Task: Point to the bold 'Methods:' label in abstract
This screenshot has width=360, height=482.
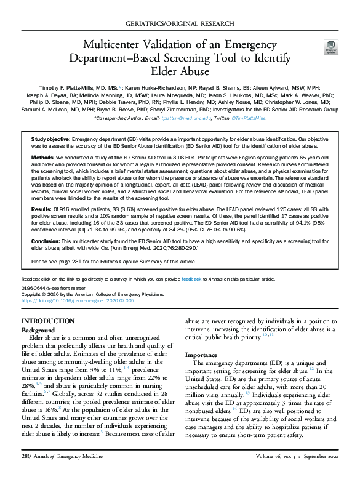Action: (44, 158)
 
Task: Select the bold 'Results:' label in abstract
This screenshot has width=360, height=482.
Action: (42, 210)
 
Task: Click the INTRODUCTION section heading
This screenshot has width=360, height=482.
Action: (48, 321)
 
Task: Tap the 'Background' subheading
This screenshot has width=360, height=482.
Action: (38, 330)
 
